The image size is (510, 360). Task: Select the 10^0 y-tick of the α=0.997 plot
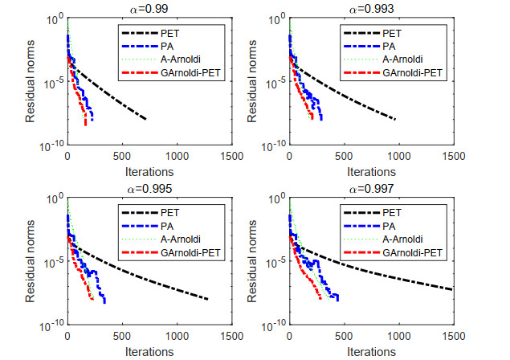tap(275, 198)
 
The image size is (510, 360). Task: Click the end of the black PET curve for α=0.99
tap(145, 119)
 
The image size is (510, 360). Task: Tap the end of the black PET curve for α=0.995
tap(208, 300)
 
